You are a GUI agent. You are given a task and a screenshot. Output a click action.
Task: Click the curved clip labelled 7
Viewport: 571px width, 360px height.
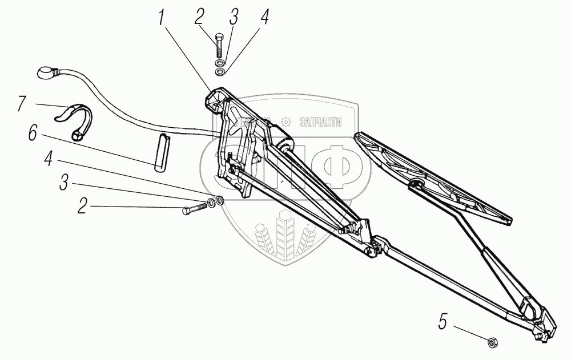coord(77,119)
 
